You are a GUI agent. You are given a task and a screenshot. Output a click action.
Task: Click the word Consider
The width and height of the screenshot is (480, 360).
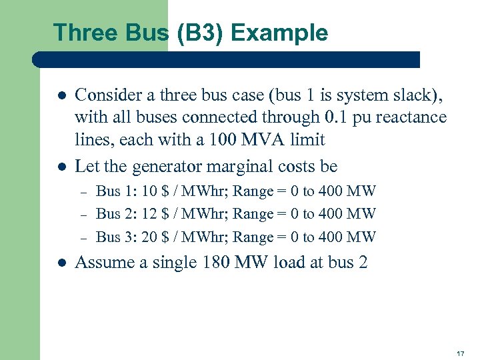[105, 95]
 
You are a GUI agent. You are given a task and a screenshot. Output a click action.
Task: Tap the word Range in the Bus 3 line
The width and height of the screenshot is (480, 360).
[253, 237]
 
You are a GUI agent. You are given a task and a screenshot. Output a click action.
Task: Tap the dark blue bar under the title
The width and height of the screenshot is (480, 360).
[227, 59]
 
